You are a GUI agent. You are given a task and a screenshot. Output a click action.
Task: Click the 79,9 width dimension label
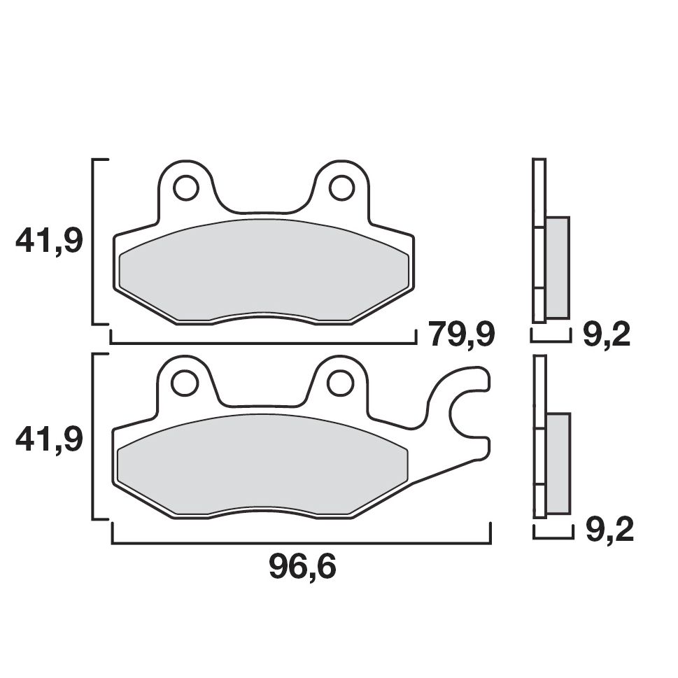pyautogui.click(x=462, y=335)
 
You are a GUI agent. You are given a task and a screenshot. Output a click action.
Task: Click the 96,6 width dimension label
pyautogui.click(x=302, y=568)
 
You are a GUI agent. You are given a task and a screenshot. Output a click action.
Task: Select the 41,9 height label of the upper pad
pyautogui.click(x=49, y=242)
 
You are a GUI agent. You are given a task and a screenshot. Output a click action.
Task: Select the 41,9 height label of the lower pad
pyautogui.click(x=49, y=439)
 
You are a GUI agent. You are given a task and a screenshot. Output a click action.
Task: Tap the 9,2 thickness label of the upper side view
pyautogui.click(x=606, y=335)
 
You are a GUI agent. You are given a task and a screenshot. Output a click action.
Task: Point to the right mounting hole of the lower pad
pyautogui.click(x=340, y=383)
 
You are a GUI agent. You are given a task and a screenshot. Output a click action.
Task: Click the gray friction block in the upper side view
pyautogui.click(x=557, y=266)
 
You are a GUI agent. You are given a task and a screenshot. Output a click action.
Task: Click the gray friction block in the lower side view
pyautogui.click(x=558, y=462)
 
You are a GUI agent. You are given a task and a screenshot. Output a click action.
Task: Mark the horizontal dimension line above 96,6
pyautogui.click(x=302, y=543)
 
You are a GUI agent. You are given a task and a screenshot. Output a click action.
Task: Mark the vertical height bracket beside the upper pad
pyautogui.click(x=94, y=242)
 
